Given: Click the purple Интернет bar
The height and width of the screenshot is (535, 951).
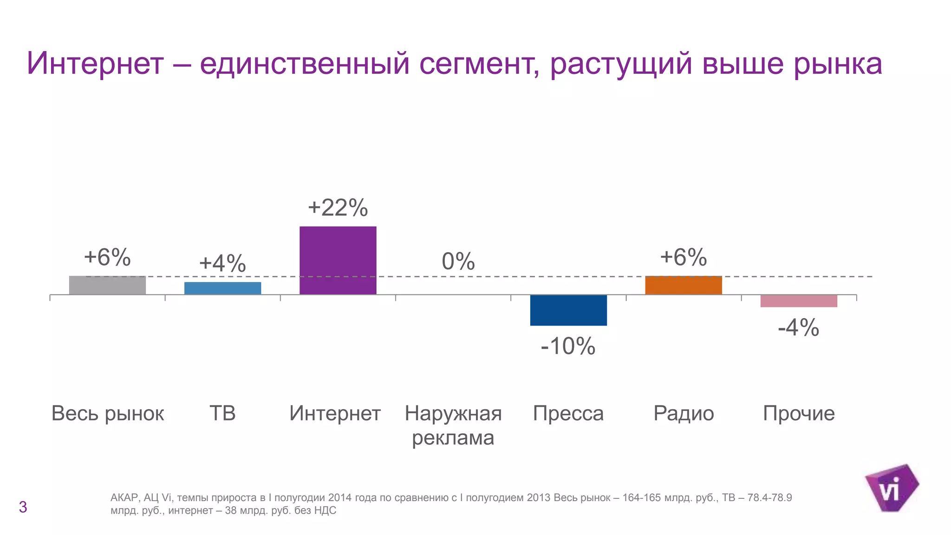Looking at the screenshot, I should [x=338, y=260].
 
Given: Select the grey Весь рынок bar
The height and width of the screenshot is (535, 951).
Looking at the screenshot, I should [x=107, y=285].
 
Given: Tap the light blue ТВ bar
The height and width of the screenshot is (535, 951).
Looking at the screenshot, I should [x=222, y=288].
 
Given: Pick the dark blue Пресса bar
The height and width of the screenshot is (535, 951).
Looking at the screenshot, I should [x=568, y=310].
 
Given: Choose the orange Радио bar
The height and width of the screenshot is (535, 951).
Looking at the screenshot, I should [x=683, y=285].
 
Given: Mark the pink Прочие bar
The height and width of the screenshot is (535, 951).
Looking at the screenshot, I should [x=798, y=300].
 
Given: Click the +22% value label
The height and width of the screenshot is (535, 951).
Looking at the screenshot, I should [x=338, y=208].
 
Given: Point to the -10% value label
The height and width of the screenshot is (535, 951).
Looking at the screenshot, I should [x=568, y=346].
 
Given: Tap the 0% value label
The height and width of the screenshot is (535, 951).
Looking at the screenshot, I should [x=458, y=261].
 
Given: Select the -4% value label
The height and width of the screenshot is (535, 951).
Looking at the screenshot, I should [x=798, y=328].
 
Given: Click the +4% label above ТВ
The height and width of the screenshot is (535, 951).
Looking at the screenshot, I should [x=222, y=264].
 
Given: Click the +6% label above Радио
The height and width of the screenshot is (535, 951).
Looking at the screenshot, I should [x=683, y=257].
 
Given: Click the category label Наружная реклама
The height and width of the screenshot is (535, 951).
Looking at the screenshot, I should [x=453, y=425].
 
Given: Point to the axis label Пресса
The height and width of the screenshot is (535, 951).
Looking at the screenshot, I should [x=568, y=413].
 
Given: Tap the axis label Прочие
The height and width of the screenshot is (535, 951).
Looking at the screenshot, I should [x=798, y=413].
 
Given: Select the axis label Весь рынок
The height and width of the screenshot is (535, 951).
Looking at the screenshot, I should [x=107, y=413].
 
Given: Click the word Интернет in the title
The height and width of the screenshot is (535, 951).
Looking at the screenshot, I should [x=95, y=63].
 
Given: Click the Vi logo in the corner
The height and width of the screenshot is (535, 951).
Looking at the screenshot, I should [x=891, y=488].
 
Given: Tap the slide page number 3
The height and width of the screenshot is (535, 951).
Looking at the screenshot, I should [x=23, y=507].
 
